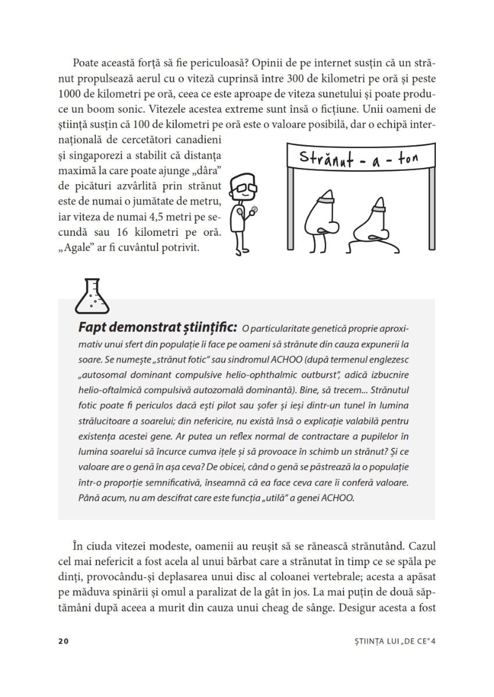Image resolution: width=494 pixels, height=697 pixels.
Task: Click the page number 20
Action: point(63,641)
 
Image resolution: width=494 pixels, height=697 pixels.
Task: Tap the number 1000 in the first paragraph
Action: point(71,93)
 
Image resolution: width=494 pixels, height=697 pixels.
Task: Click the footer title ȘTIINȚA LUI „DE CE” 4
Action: point(389,641)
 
